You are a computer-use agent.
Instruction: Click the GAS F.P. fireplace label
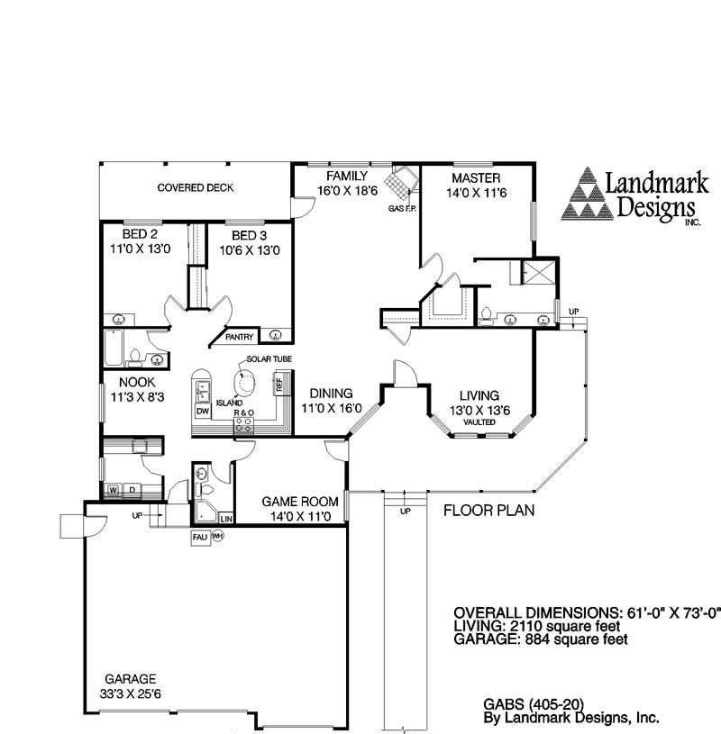pos(401,209)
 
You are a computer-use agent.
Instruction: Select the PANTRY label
pos(239,337)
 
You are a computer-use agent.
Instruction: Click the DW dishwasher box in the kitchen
pos(202,411)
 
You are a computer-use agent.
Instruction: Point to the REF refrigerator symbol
pos(279,385)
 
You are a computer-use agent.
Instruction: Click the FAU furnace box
pos(199,537)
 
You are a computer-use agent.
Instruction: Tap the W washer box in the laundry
pos(114,489)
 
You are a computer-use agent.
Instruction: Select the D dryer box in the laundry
pos(131,489)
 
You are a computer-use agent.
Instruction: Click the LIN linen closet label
pos(225,519)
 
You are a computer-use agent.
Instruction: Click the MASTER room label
pos(476,177)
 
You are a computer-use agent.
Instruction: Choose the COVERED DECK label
pos(196,188)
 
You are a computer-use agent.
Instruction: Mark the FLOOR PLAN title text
pos(488,511)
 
